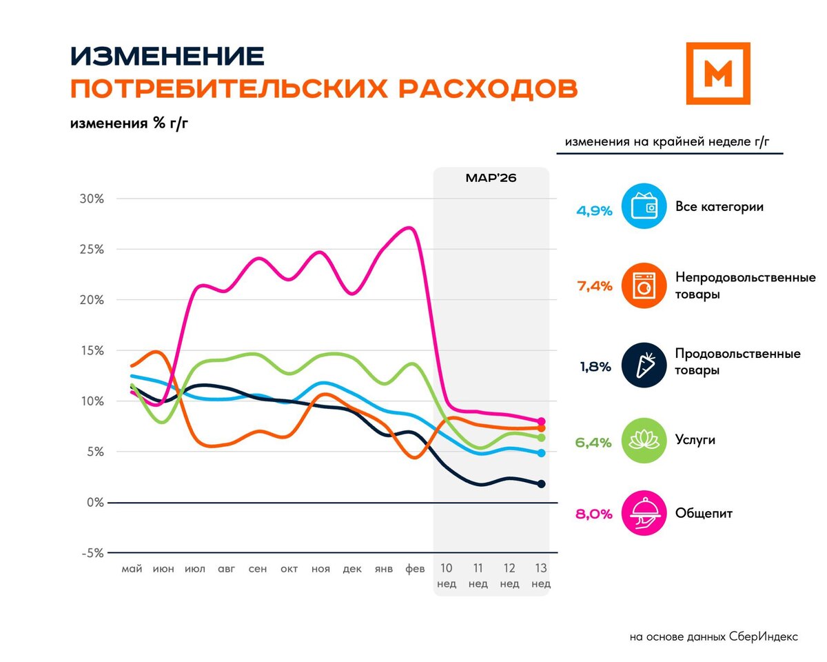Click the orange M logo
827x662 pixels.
(x=718, y=73)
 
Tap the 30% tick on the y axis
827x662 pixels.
(x=90, y=199)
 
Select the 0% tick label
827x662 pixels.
(x=94, y=503)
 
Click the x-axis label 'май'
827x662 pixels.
(x=132, y=569)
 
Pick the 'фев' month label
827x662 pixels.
(x=415, y=569)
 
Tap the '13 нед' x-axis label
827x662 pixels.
(x=541, y=576)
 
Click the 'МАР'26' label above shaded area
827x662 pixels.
(x=491, y=177)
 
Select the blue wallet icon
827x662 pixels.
(x=644, y=206)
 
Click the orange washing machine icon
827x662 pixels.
(x=644, y=285)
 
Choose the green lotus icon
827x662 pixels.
(x=644, y=441)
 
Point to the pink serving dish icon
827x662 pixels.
(x=644, y=513)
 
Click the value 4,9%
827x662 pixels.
(x=593, y=211)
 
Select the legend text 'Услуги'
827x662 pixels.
(x=695, y=440)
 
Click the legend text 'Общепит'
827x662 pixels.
(x=704, y=514)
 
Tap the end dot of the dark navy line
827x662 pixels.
(x=541, y=484)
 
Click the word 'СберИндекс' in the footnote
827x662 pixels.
(x=763, y=636)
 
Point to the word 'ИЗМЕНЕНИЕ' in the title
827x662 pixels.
(x=167, y=56)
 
